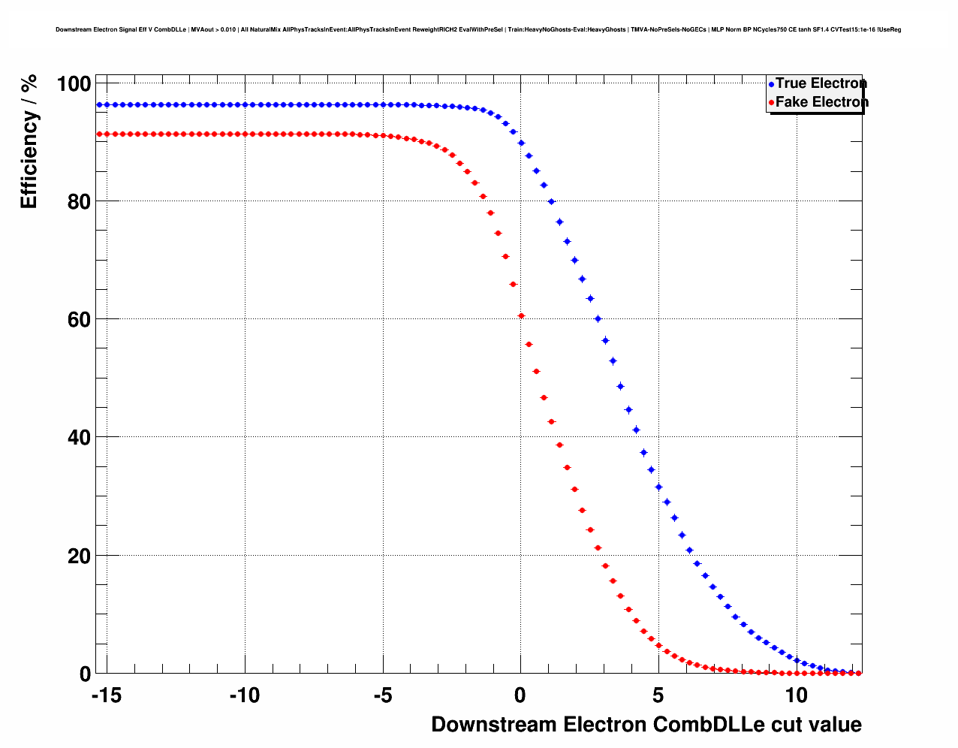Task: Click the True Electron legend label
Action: [821, 83]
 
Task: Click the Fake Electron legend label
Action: [821, 102]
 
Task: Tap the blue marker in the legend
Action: [771, 84]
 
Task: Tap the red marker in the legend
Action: [771, 103]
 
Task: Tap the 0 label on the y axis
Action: [85, 674]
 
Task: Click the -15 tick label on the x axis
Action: [107, 696]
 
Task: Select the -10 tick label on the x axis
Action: [244, 696]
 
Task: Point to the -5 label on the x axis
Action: [382, 696]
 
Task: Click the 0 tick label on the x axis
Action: [520, 696]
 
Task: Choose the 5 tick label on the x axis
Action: [658, 696]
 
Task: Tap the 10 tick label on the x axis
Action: [796, 696]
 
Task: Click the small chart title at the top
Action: [478, 30]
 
